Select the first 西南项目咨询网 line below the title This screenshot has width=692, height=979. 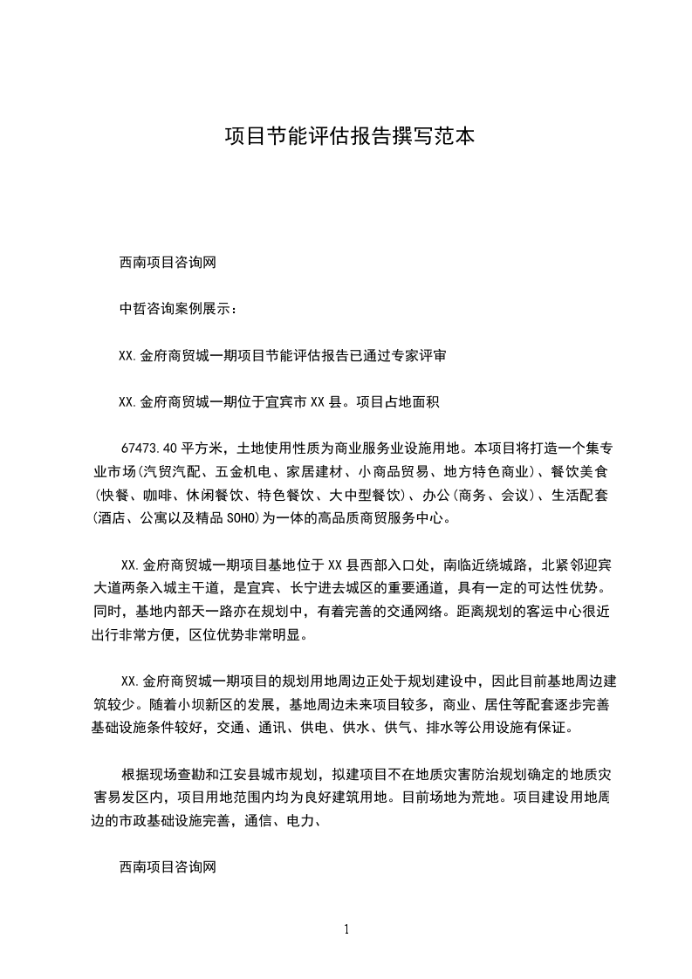(167, 261)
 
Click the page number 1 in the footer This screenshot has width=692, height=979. (346, 928)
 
